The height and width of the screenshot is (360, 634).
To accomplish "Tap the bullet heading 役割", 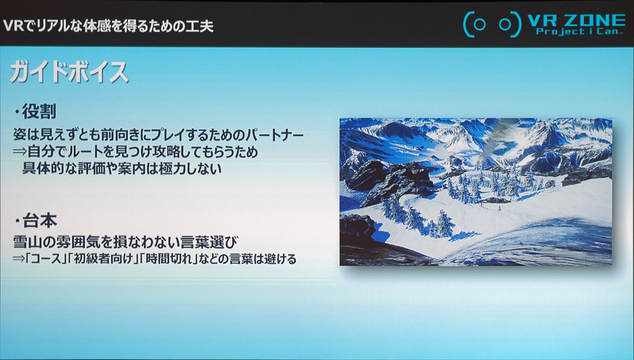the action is click(39, 112).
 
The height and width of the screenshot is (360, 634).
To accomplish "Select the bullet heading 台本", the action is click(39, 221).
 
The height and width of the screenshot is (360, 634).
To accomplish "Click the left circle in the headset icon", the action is click(480, 25).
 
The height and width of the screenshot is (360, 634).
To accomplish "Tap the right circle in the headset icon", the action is click(505, 25).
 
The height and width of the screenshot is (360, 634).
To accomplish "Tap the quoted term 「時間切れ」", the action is click(168, 259).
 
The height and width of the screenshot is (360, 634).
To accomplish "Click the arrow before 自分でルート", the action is click(20, 152).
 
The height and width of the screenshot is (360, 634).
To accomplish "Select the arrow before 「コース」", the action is click(19, 259).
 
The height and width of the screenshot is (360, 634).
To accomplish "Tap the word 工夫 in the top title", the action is click(200, 26).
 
